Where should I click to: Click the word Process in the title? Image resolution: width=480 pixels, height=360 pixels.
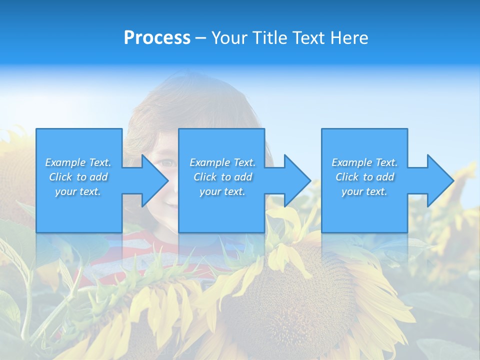point(157,37)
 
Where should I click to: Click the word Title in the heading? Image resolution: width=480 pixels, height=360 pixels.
point(269,37)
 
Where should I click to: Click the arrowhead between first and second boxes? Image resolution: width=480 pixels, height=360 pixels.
point(152,180)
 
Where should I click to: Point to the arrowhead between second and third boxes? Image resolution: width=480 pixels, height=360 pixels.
point(295,180)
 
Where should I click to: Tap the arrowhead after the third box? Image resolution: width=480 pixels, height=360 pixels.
point(438,180)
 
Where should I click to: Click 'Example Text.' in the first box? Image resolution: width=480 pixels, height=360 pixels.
point(78,162)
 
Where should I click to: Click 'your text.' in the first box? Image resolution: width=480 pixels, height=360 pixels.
point(78,191)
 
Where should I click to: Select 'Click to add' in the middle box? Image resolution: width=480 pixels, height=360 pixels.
point(222,177)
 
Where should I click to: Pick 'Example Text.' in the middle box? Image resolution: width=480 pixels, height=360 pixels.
point(222,162)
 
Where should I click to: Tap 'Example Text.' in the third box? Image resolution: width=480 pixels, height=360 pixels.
point(364,162)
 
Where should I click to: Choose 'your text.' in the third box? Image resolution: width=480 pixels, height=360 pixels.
point(364,191)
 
